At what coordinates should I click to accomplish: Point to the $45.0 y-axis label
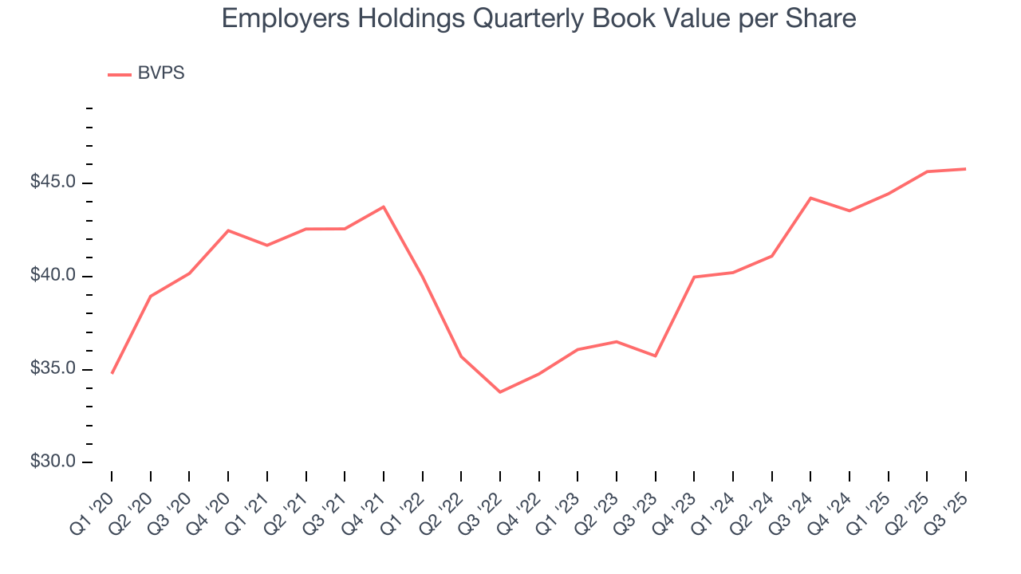tap(53, 183)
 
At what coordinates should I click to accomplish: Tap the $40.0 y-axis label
tap(53, 276)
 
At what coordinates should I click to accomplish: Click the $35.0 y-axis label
tap(53, 369)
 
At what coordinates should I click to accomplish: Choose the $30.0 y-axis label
tap(53, 462)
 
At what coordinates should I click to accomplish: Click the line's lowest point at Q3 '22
tap(500, 392)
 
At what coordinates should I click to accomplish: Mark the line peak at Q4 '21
tap(384, 206)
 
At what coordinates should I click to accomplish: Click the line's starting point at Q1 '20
tap(112, 373)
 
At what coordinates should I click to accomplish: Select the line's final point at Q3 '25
tap(966, 169)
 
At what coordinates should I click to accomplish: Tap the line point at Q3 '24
tap(810, 198)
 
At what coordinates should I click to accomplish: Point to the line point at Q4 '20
tap(228, 230)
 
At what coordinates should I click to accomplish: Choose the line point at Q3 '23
tap(655, 356)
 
